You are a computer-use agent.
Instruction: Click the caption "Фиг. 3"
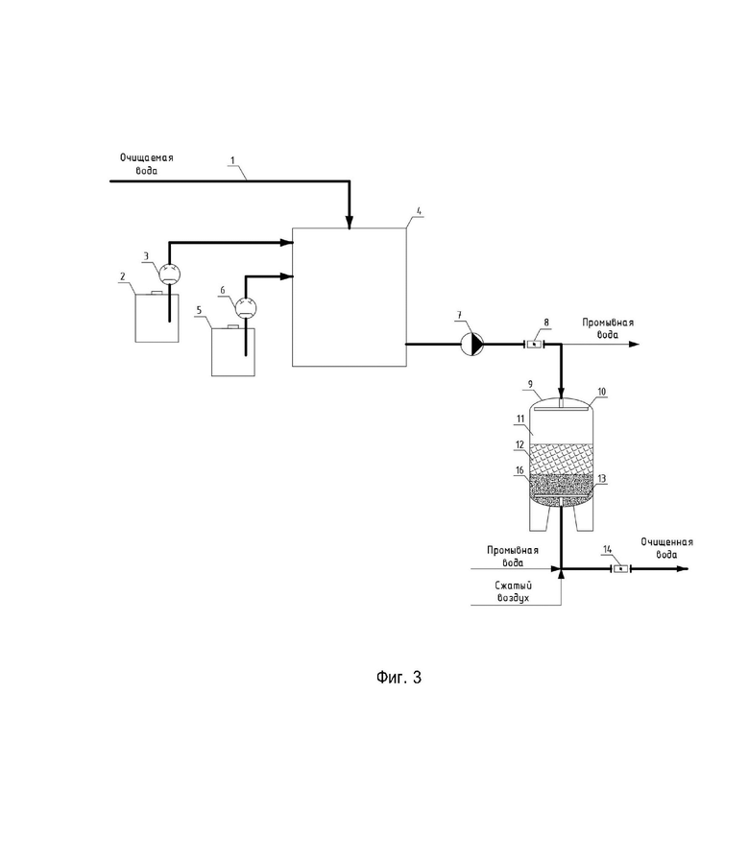click(x=399, y=677)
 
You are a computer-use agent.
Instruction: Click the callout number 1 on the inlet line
click(x=232, y=160)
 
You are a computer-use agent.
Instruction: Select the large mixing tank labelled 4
click(x=350, y=297)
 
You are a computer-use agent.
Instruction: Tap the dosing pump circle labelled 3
click(x=169, y=273)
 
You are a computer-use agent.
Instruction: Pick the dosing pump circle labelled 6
click(x=246, y=307)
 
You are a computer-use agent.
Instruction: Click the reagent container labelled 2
click(x=157, y=318)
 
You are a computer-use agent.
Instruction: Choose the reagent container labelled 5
click(x=233, y=351)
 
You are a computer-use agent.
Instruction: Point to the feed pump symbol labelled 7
click(x=472, y=345)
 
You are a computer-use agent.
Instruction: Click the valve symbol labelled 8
click(x=534, y=345)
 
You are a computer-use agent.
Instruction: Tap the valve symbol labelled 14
click(x=621, y=569)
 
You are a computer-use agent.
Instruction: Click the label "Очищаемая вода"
click(x=147, y=164)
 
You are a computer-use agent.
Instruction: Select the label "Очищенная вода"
click(x=666, y=548)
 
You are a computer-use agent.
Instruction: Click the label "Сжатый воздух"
click(x=513, y=591)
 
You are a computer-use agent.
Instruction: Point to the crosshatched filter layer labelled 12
click(x=562, y=459)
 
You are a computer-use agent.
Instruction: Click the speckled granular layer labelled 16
click(x=562, y=486)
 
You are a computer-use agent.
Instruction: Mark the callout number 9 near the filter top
click(x=530, y=384)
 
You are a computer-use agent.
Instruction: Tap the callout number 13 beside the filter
click(x=602, y=479)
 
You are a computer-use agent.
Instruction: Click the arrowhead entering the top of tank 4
click(x=350, y=222)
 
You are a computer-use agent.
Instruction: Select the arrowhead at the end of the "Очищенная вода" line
click(x=683, y=569)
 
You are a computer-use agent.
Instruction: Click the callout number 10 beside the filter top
click(x=602, y=392)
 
